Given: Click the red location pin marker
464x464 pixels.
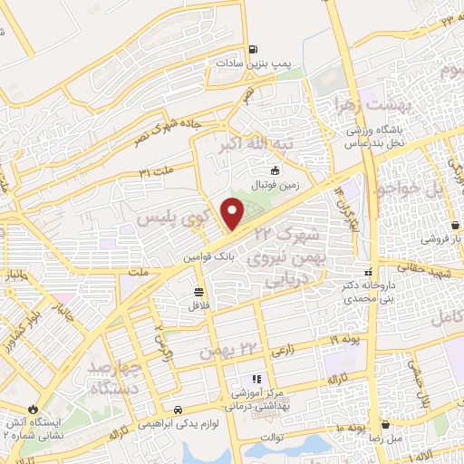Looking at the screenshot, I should (x=233, y=213).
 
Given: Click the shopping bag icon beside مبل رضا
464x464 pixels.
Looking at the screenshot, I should (x=388, y=424).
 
